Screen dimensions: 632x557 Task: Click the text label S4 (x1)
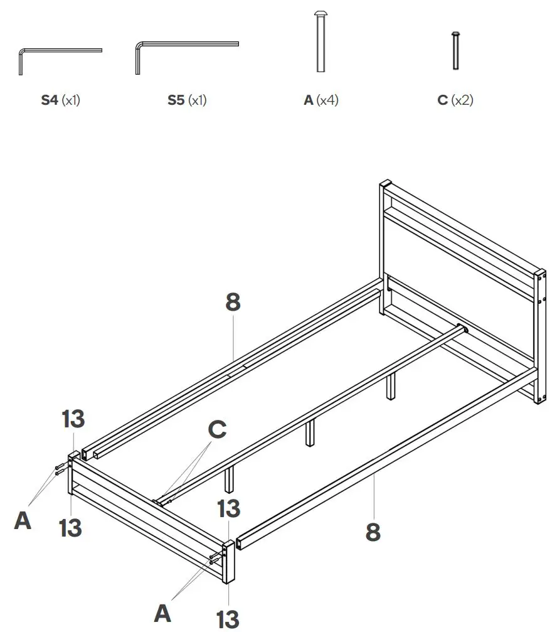click(61, 100)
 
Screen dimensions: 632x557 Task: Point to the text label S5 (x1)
click(187, 100)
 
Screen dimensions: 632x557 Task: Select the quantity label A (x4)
click(321, 100)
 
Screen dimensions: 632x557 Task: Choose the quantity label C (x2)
click(455, 100)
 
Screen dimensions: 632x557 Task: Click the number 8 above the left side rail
click(233, 302)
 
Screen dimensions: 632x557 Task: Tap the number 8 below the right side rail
click(373, 532)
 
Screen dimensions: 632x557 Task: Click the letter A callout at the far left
click(23, 520)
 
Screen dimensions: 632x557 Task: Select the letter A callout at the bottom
click(162, 613)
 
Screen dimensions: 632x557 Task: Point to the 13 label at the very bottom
click(228, 618)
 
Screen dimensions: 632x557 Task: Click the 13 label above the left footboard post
click(73, 419)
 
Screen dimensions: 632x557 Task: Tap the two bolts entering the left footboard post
click(60, 468)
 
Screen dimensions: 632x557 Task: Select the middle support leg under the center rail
click(310, 434)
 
